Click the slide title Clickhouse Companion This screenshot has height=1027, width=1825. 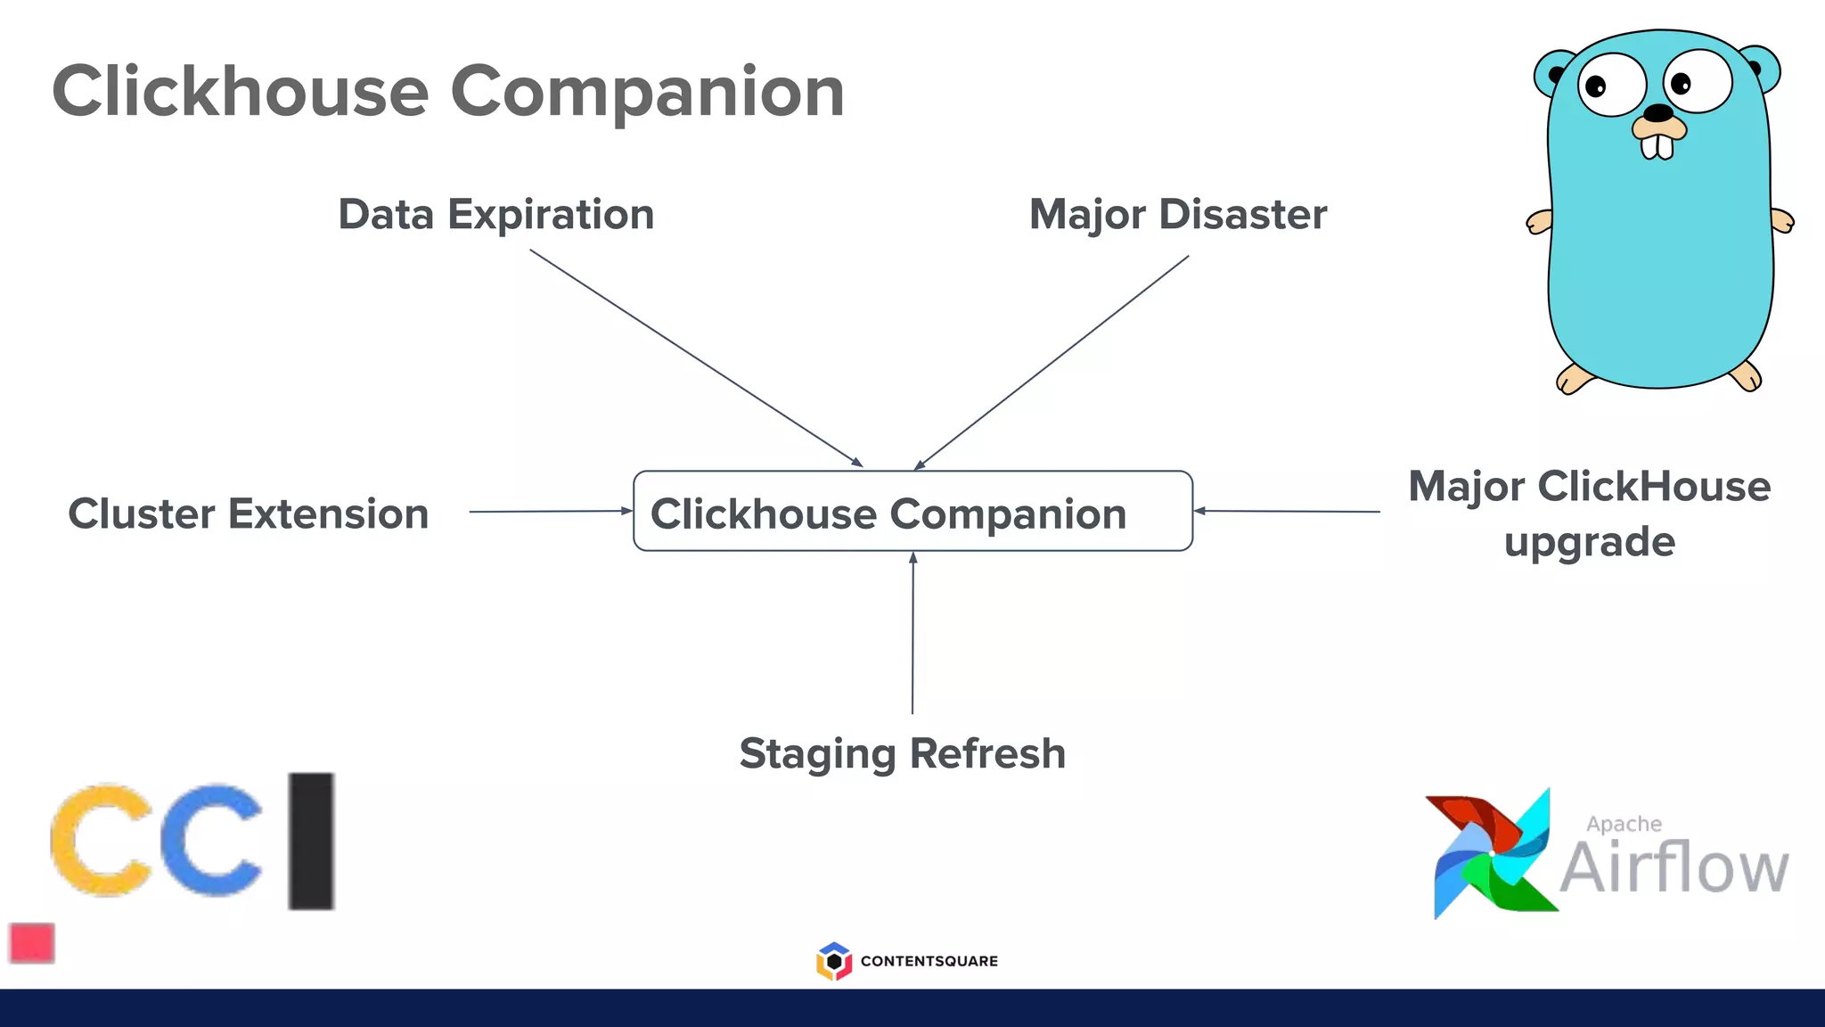(x=448, y=92)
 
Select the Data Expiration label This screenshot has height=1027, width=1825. (x=496, y=215)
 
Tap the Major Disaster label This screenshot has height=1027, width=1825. (x=1178, y=215)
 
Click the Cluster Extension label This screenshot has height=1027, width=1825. (x=249, y=514)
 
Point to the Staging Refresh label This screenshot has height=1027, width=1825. (x=903, y=754)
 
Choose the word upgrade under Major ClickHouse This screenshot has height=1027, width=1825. (x=1590, y=542)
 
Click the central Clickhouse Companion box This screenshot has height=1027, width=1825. (x=912, y=512)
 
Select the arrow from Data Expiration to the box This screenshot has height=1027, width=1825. (x=695, y=357)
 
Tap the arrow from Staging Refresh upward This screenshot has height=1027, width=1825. (x=912, y=633)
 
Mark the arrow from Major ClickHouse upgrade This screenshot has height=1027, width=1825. (x=1288, y=512)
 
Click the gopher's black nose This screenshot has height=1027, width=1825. (x=1657, y=113)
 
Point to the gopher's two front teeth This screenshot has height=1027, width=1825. (x=1657, y=146)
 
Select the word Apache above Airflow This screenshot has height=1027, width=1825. (x=1624, y=825)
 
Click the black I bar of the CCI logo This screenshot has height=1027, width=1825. (x=311, y=841)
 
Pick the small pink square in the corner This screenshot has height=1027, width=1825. (x=32, y=943)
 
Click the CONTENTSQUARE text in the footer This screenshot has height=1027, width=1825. (x=929, y=961)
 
